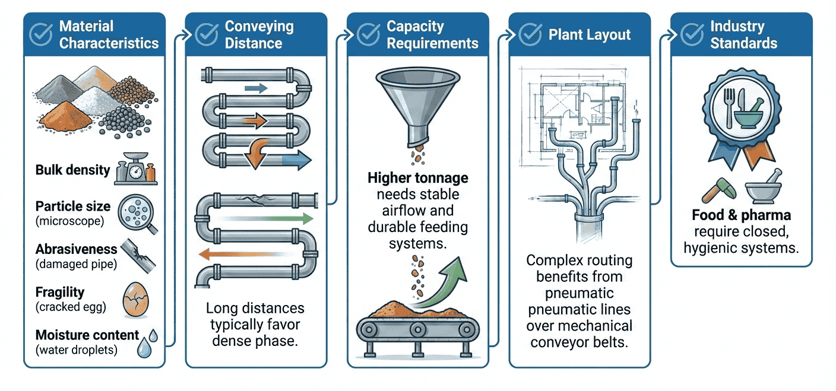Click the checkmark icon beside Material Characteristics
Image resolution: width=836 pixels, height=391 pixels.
tap(41, 35)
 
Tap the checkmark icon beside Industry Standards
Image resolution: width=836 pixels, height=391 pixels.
tap(692, 35)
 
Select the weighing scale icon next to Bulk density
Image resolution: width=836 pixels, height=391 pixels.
tap(135, 169)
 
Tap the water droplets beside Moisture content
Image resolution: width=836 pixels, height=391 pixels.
tap(146, 343)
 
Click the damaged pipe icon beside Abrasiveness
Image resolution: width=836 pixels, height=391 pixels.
tap(138, 253)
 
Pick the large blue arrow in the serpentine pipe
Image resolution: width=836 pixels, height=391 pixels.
tap(295, 159)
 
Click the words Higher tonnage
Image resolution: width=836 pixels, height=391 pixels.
tap(417, 178)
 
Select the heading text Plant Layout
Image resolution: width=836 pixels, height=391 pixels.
tap(589, 35)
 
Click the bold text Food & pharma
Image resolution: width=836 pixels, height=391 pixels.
tap(740, 215)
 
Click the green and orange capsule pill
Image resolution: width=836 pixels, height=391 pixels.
tap(720, 189)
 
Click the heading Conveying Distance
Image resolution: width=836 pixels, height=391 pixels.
tap(259, 35)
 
